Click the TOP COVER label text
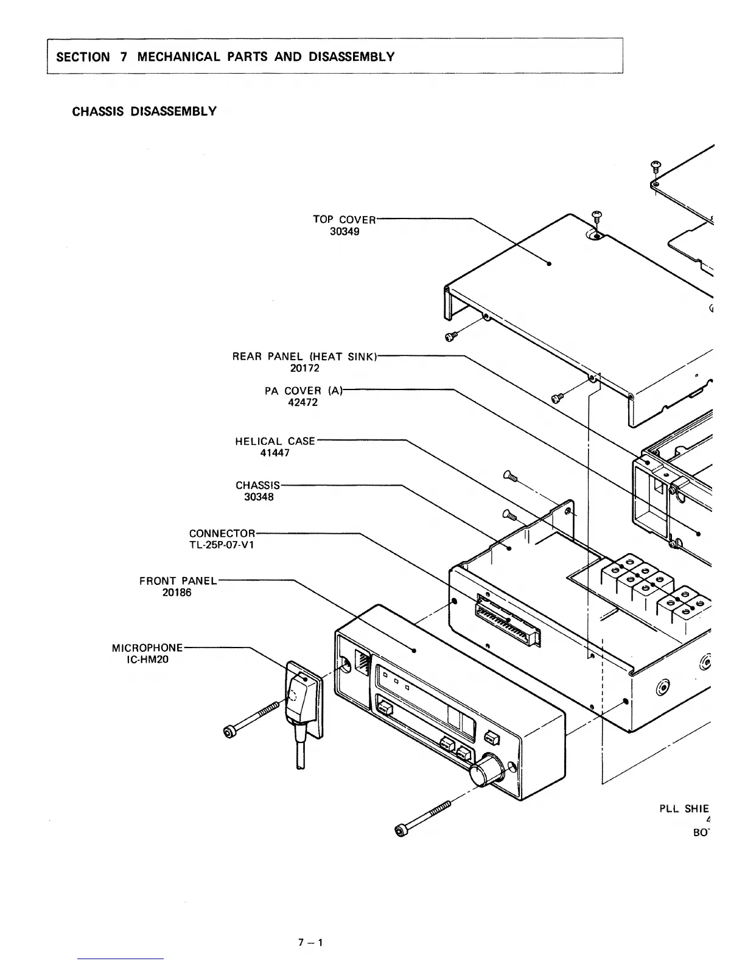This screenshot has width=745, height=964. [345, 220]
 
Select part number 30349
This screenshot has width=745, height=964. [345, 232]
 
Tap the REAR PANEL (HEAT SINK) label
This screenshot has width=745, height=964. [305, 357]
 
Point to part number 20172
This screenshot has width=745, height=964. [305, 368]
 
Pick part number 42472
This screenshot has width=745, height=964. [303, 402]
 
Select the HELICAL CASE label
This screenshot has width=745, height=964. [275, 441]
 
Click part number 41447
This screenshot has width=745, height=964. [275, 453]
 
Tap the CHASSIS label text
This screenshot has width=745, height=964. [258, 486]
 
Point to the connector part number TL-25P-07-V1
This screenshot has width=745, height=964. [222, 545]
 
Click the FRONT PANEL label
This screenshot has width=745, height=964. [178, 581]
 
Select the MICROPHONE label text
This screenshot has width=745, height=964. [147, 648]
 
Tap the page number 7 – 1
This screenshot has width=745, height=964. [310, 943]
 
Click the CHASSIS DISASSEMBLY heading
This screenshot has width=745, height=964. [144, 111]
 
